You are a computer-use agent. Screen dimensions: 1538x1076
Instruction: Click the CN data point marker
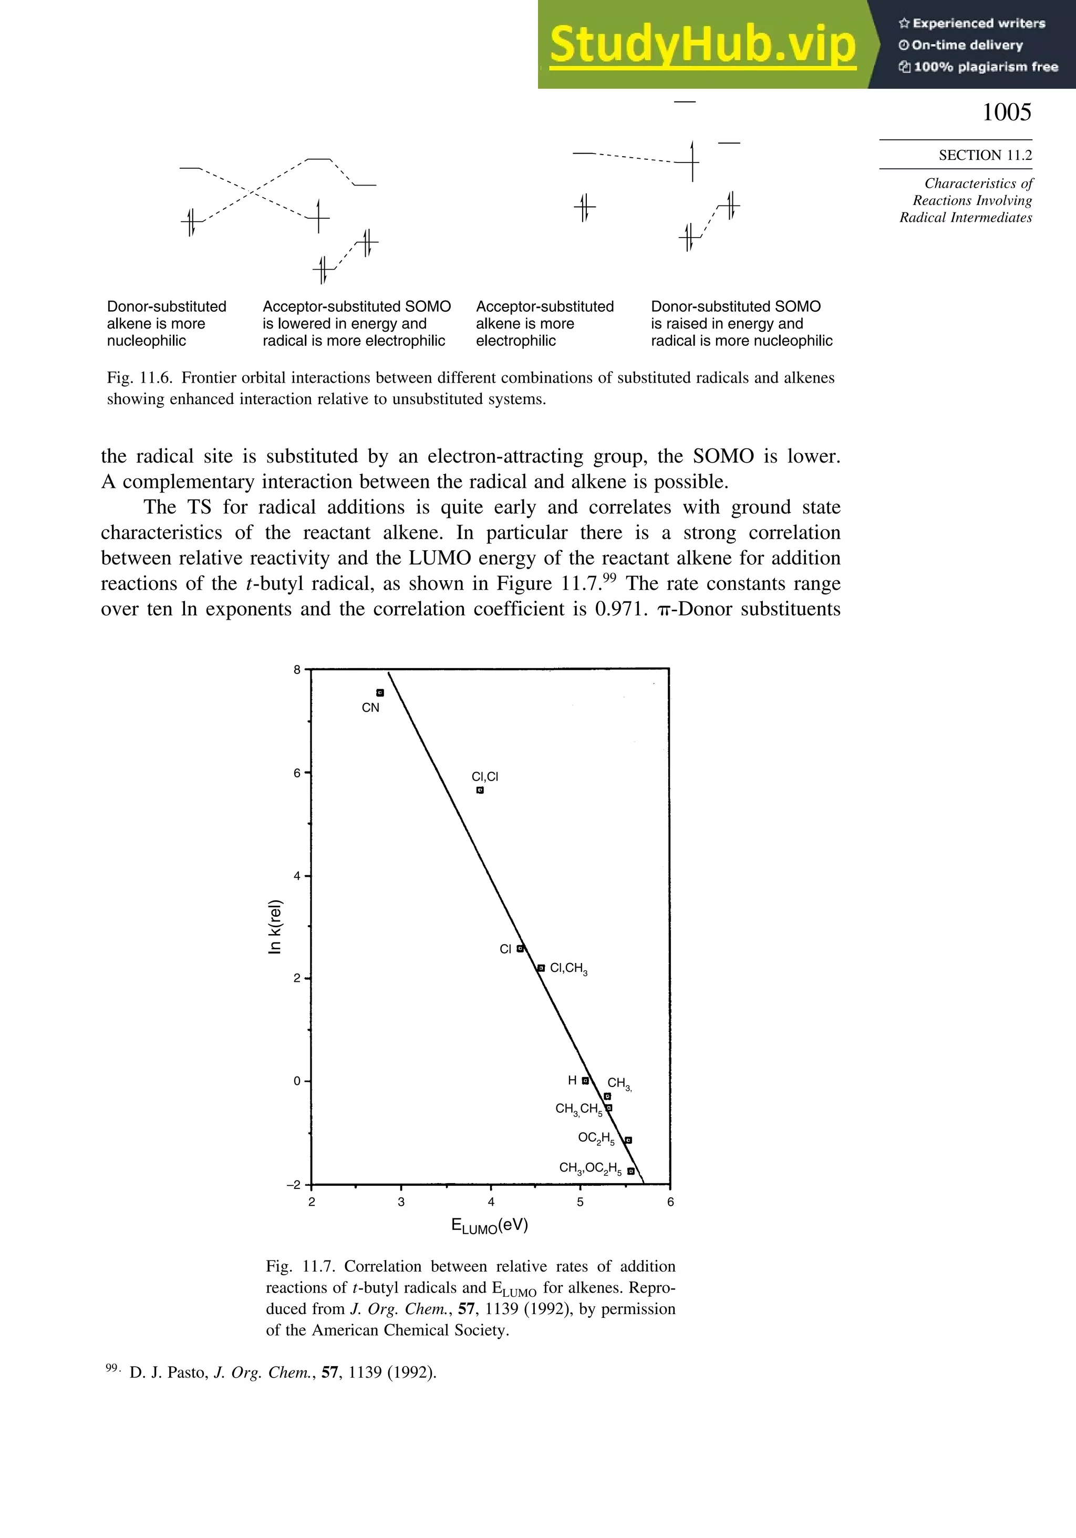point(380,693)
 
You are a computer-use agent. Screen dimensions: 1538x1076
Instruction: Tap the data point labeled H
point(585,1081)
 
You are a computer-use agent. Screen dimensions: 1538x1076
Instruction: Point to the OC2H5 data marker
point(628,1140)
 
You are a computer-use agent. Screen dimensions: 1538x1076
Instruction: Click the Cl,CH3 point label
point(568,969)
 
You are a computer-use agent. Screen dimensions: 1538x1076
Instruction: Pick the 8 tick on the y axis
point(297,669)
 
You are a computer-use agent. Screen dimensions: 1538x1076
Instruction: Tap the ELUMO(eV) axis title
point(490,1226)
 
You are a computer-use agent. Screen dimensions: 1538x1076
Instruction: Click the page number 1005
point(1006,112)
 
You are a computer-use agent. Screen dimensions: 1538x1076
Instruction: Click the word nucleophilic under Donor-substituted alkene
point(147,341)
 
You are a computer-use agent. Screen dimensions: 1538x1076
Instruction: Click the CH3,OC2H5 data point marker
point(631,1172)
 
